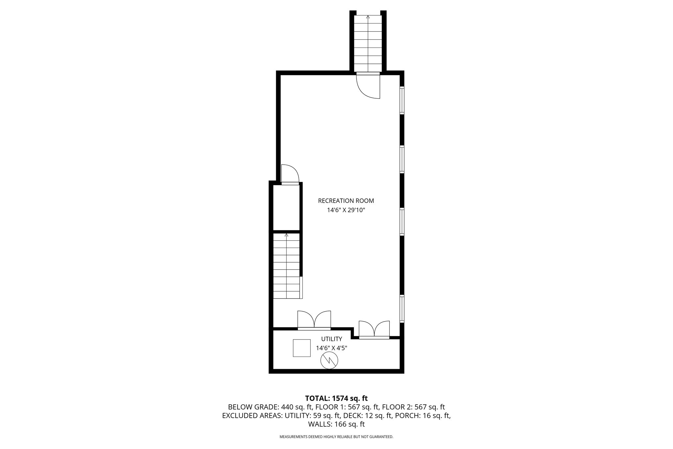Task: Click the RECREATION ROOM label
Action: [346, 201]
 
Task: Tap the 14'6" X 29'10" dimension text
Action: [346, 210]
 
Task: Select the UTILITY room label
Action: [332, 339]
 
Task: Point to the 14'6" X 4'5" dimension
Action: [332, 348]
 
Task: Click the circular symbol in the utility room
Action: [329, 361]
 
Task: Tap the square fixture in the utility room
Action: [302, 348]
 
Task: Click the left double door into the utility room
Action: [314, 320]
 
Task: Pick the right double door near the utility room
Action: [374, 329]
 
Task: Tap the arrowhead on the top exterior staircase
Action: [368, 16]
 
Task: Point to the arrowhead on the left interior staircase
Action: [287, 235]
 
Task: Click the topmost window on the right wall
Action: [402, 100]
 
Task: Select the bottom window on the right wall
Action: [402, 309]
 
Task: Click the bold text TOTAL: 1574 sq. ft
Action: [336, 398]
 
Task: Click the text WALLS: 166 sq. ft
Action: [336, 424]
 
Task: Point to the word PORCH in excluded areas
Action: [406, 415]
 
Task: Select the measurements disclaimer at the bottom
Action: [336, 437]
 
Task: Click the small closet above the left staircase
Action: [287, 207]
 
